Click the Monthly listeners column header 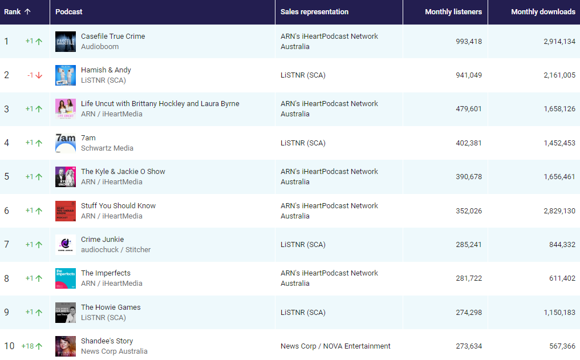point(453,12)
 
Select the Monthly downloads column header point(543,12)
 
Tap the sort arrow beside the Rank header point(27,12)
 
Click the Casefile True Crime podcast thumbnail point(66,42)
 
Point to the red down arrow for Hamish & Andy point(39,75)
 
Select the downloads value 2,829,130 point(559,211)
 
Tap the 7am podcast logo point(66,143)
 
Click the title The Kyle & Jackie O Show point(123,171)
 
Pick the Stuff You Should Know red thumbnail point(66,211)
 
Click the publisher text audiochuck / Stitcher point(116,250)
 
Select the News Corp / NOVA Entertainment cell point(335,346)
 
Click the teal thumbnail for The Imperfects point(66,278)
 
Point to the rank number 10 point(9,346)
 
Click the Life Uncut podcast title point(160,103)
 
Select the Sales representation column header point(314,12)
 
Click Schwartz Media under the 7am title point(107,148)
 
